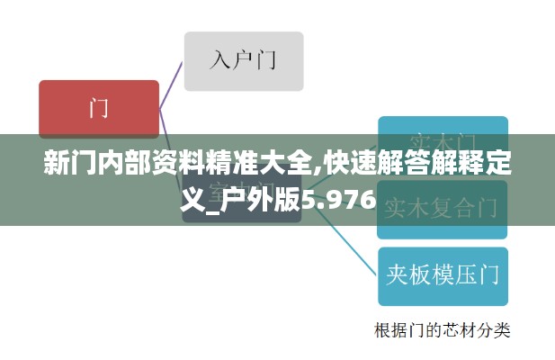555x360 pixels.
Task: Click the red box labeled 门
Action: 99,109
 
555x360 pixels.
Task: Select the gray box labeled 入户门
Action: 244,61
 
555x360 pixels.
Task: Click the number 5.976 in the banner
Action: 339,198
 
